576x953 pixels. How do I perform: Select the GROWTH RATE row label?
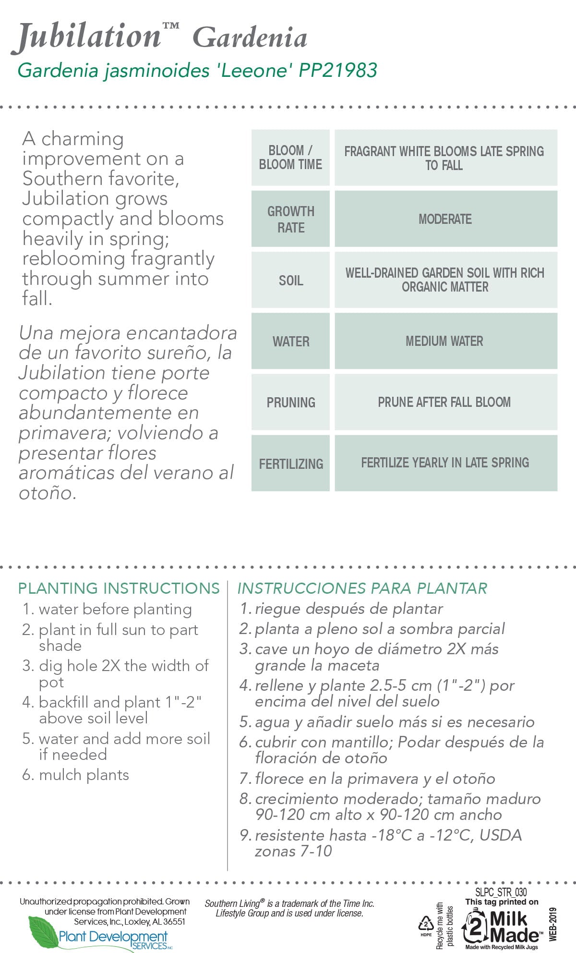pos(290,219)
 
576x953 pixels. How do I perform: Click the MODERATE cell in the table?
pos(445,219)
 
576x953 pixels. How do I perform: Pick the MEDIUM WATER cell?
pos(444,341)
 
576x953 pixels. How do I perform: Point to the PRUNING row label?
pos(290,403)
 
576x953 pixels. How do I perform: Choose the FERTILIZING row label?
pos(290,464)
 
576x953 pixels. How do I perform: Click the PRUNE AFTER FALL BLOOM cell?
pos(444,402)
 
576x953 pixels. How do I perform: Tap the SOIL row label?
pos(290,281)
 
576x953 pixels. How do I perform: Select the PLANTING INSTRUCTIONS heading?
pos(119,588)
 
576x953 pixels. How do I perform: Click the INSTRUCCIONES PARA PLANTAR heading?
pos(362,588)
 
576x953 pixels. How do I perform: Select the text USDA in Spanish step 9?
pos(501,835)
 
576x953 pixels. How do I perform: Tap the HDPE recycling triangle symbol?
pos(426,924)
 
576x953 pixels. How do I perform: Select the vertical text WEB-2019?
pos(553,924)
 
